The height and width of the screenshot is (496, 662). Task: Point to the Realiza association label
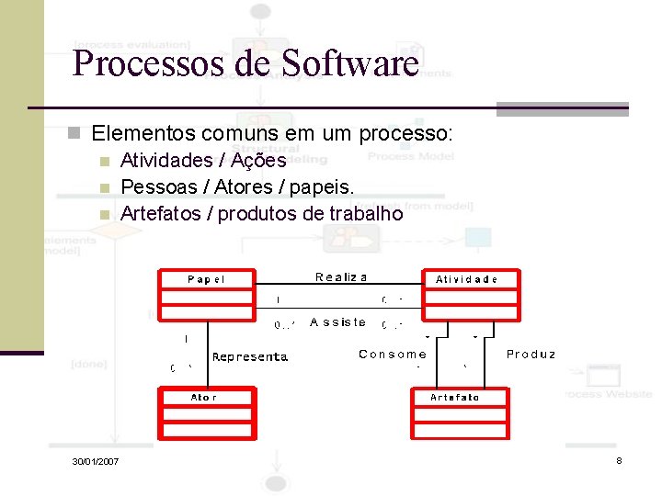coord(341,276)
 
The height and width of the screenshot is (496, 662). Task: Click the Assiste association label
coord(338,322)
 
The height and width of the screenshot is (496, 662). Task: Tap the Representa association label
coord(250,356)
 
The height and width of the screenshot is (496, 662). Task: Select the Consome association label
coord(393,354)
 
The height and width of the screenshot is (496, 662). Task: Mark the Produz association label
coord(531,354)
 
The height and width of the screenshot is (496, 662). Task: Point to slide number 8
coord(619,459)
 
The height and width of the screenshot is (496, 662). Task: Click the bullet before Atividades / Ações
coord(105,162)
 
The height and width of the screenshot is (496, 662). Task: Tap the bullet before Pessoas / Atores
coord(105,188)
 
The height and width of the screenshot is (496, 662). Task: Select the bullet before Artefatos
coord(105,215)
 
